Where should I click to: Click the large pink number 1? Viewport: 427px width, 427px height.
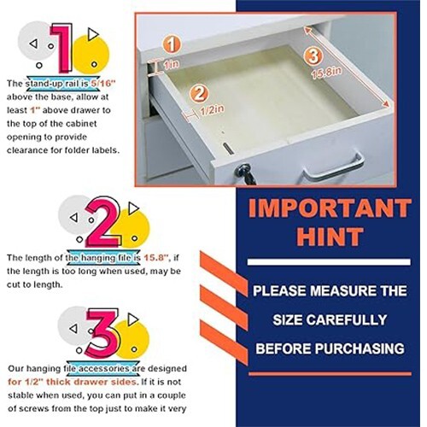coord(61,49)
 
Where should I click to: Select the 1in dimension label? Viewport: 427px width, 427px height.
coord(173,65)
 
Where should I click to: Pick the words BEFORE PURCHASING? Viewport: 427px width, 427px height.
coord(328,349)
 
